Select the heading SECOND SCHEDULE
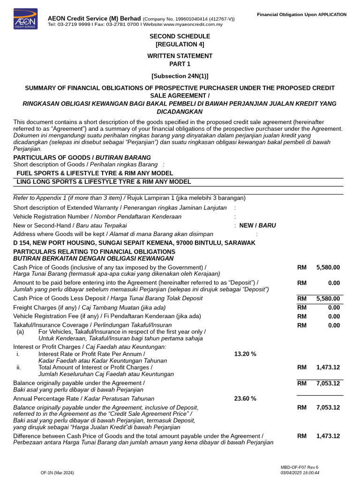(x=180, y=36)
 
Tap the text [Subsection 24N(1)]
(x=180, y=75)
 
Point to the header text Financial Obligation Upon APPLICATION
(x=301, y=15)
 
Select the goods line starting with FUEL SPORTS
(x=95, y=173)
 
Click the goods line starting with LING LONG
(x=104, y=182)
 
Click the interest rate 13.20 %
(x=245, y=354)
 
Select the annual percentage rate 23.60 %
(x=245, y=398)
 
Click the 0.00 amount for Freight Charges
(x=334, y=307)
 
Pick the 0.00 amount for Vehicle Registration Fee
(x=334, y=316)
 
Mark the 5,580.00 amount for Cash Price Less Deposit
(x=328, y=299)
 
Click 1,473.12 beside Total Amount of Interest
(x=328, y=367)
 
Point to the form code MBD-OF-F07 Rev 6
(x=299, y=467)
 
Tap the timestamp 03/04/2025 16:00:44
(x=300, y=472)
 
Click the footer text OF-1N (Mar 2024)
(x=57, y=472)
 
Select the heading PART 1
(x=180, y=64)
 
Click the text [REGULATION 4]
(x=180, y=45)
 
